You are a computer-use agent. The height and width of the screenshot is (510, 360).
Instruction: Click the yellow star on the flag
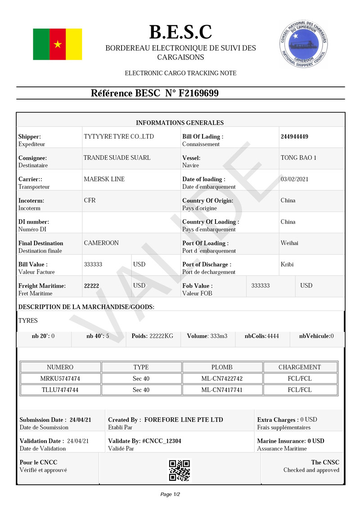coord(58,44)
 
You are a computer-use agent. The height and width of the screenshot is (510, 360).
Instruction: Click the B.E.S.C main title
coord(180,32)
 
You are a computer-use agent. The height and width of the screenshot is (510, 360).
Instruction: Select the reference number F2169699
coord(199,94)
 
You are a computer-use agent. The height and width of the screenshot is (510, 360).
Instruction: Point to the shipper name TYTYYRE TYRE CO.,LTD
coord(119,136)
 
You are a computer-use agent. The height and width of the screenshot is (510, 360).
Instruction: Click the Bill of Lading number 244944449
coord(294,136)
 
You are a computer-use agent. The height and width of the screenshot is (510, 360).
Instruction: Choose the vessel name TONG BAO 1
coord(298,158)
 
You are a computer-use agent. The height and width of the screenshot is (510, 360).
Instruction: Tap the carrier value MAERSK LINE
coord(104,179)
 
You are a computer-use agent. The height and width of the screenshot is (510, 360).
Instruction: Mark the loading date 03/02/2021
coord(294,179)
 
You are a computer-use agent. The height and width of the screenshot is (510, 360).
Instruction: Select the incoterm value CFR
coord(90,200)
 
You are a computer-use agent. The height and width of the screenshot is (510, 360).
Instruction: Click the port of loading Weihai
coord(289,243)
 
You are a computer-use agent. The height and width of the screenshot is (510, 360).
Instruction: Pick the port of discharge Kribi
coord(287,264)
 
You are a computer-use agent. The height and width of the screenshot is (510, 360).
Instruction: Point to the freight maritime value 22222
coord(92,286)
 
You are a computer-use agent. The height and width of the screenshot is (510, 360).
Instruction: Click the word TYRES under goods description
coord(28,321)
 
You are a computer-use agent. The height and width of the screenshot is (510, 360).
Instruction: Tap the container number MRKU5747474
coord(60,379)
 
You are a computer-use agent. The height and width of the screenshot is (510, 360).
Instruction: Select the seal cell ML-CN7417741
coord(222,390)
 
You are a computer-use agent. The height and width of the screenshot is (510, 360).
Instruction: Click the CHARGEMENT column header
coord(300,367)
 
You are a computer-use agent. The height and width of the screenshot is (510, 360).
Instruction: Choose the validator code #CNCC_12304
coord(162,441)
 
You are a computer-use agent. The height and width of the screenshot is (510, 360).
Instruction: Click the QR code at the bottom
coord(180,470)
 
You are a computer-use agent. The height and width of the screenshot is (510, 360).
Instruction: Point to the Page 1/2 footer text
coord(170,494)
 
